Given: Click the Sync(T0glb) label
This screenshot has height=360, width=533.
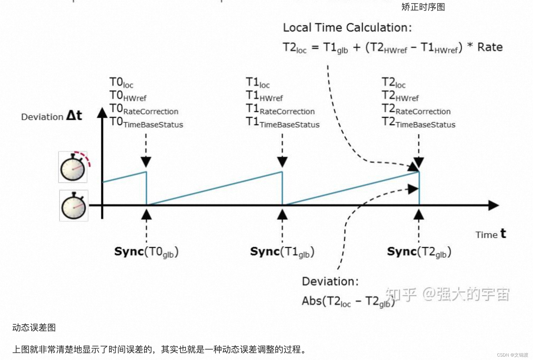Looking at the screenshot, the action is [x=146, y=252].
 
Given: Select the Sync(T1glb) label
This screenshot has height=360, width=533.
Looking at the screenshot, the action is [x=282, y=252].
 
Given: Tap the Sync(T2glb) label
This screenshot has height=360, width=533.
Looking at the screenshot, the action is [x=419, y=252].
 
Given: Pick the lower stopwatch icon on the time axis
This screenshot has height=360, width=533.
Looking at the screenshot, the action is [x=74, y=206].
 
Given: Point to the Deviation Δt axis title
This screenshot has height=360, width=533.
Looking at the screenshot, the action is [x=52, y=116].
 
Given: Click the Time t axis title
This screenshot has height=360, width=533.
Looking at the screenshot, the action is [x=491, y=234].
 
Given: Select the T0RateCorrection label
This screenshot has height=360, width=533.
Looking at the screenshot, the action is [x=144, y=109].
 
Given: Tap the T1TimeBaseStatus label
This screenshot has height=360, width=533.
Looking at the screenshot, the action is [x=282, y=122].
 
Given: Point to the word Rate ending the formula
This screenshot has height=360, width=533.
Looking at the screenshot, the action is [x=490, y=47].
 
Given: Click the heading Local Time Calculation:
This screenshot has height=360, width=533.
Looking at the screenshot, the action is [x=347, y=28].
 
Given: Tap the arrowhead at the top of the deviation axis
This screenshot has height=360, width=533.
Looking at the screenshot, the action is [x=102, y=113].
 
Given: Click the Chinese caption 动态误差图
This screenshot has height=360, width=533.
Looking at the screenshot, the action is [x=34, y=327].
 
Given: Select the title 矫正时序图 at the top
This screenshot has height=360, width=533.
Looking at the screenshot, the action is [x=423, y=7].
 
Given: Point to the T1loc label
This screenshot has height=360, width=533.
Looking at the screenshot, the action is [x=257, y=82].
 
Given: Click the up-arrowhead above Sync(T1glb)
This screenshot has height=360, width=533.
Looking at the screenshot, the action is [x=282, y=215].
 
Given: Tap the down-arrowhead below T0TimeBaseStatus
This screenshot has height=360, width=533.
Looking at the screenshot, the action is [x=146, y=162].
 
